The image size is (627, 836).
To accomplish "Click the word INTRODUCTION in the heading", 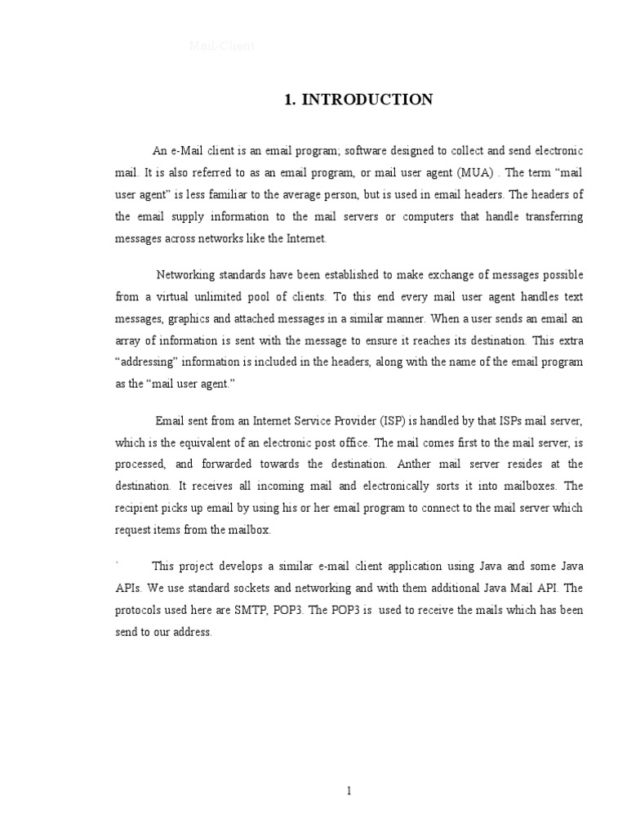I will [367, 100].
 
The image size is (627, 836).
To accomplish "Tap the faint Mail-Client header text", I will [222, 47].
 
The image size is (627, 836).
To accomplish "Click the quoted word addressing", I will [151, 360].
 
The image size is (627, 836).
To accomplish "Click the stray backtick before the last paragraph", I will [118, 564].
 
